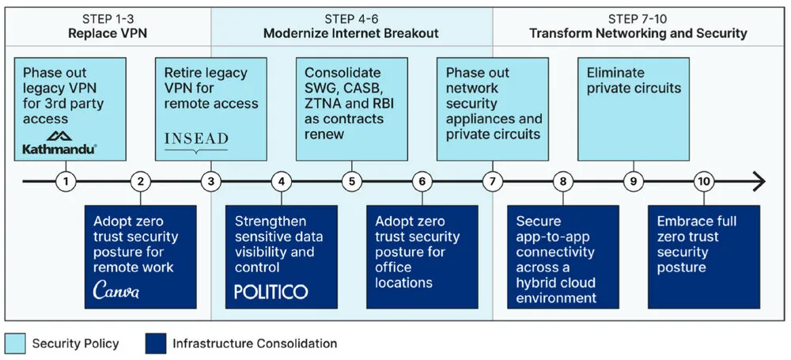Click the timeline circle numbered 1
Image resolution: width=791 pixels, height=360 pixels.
coord(66,181)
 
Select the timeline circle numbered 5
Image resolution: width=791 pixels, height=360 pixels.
coord(352,181)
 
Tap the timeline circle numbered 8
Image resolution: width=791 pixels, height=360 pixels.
coord(563,181)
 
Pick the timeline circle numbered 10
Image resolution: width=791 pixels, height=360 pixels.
coord(704,181)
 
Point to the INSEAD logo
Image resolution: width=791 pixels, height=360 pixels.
coord(196,140)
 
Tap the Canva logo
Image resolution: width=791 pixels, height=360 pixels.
coord(116,290)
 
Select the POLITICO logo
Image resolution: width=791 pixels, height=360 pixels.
coord(271,291)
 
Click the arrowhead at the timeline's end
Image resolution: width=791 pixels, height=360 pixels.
coord(759,181)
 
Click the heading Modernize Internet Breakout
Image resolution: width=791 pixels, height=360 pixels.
coord(351,34)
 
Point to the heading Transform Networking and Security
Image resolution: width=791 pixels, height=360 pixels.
coord(638,34)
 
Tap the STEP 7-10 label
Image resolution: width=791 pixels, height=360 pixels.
coord(638,20)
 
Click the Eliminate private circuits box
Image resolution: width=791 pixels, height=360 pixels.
coord(634,109)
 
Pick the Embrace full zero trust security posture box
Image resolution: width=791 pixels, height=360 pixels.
coord(704,256)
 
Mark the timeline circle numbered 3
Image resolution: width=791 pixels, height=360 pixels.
coord(211,181)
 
